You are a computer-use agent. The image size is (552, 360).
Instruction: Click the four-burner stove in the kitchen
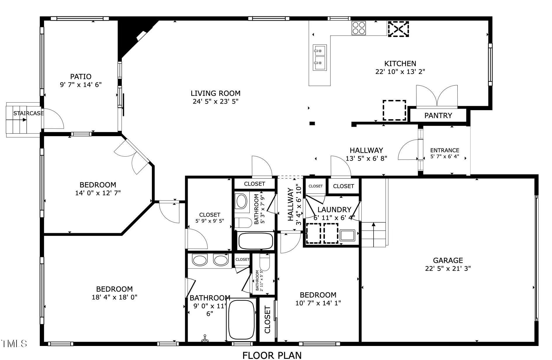point(359,28)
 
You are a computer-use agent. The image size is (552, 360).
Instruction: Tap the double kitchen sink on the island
point(320,58)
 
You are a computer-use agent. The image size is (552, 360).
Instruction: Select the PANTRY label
point(438,115)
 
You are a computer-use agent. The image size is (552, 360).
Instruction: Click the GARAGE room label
point(448,260)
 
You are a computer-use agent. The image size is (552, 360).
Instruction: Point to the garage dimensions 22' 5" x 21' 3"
point(448,268)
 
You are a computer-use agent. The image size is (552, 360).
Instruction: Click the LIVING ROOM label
point(216,93)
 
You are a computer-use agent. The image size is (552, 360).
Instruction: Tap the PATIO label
point(81,77)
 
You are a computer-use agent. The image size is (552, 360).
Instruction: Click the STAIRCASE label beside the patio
point(28,113)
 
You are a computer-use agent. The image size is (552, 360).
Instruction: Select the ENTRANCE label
point(445,150)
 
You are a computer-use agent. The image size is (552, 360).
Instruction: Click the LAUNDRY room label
point(334,210)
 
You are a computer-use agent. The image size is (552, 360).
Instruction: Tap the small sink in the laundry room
point(347,235)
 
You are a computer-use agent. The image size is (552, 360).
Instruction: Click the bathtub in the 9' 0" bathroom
point(241,320)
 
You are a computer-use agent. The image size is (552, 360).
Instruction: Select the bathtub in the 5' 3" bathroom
point(256,241)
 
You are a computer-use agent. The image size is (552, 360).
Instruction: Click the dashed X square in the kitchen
point(398,29)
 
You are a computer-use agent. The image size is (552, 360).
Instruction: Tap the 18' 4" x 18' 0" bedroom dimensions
point(114,297)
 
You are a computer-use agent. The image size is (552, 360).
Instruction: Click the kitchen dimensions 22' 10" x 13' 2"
point(400,72)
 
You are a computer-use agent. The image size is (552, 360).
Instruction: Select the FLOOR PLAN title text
point(272,355)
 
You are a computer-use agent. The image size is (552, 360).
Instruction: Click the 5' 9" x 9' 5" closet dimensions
point(210,221)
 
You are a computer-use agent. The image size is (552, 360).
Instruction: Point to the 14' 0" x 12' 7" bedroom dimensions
point(98,193)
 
